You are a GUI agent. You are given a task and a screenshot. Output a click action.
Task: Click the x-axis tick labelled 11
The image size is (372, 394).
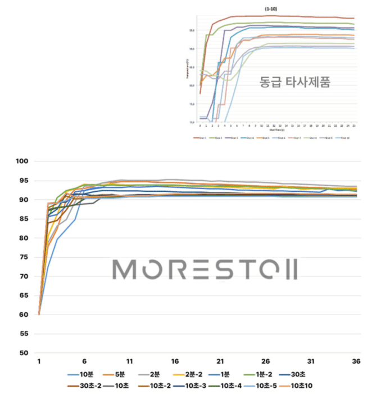(129, 361)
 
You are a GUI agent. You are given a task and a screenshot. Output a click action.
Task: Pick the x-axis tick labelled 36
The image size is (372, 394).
(356, 361)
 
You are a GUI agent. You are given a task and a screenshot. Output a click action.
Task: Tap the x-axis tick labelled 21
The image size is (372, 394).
(220, 361)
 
